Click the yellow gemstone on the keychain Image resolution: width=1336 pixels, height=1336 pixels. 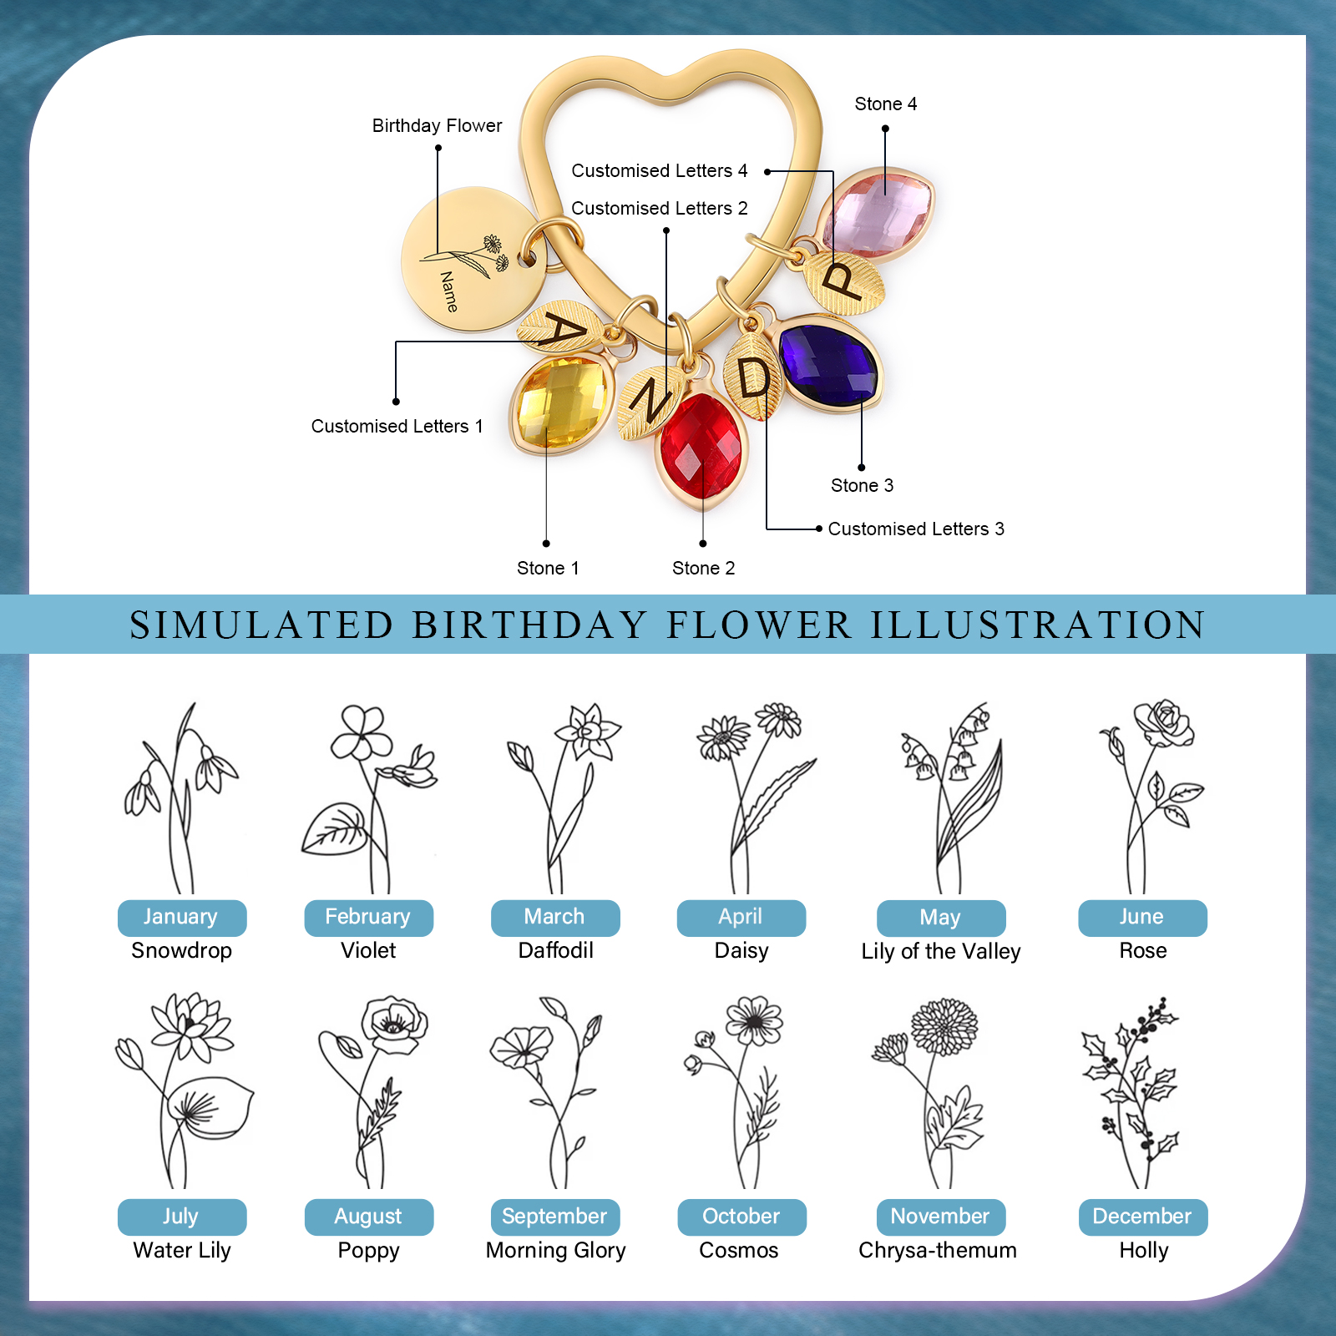(561, 403)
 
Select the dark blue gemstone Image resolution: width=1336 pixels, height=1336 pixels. (828, 366)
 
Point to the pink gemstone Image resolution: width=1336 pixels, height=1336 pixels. (877, 212)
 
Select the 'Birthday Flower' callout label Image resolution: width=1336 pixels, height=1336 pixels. (437, 126)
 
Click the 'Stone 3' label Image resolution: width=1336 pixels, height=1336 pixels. (862, 486)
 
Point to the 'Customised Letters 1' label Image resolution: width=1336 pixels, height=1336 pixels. (397, 427)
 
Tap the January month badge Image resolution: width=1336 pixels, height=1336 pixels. (181, 917)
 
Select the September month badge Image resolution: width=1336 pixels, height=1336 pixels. (554, 1217)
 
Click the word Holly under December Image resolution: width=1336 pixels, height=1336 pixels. (1143, 1250)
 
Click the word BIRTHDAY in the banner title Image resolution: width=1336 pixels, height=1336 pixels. (529, 625)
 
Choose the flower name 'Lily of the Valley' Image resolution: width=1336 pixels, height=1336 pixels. (941, 952)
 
